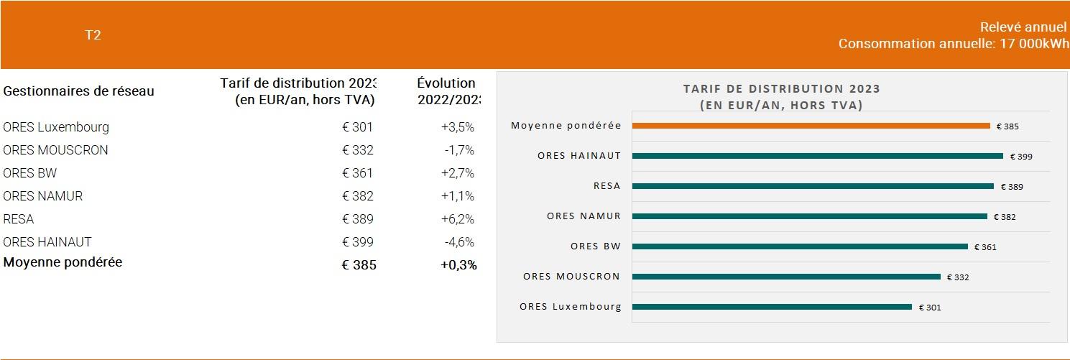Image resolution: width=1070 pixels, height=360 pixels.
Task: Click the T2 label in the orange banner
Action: click(x=93, y=35)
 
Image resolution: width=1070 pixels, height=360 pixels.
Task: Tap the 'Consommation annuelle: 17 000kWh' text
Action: click(x=954, y=43)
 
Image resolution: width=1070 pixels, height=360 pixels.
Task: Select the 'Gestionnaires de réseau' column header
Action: click(x=79, y=91)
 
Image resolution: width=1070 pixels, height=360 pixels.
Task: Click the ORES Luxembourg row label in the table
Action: click(x=56, y=127)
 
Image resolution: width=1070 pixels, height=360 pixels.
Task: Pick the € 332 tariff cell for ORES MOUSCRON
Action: click(x=357, y=150)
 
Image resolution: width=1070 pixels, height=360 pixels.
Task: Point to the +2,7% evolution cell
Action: click(x=458, y=173)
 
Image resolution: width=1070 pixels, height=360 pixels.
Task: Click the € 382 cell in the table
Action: click(x=357, y=195)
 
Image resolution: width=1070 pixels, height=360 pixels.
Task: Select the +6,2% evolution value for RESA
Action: click(x=458, y=218)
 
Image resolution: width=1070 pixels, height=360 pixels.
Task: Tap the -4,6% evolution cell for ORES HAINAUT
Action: click(x=459, y=241)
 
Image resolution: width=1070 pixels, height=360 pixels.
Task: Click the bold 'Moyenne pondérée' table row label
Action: click(x=63, y=262)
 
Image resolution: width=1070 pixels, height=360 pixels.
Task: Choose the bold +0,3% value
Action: click(x=458, y=265)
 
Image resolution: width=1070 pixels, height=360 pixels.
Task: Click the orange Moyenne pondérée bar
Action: click(x=811, y=126)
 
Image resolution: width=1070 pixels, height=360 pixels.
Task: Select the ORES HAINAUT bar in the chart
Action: click(x=817, y=156)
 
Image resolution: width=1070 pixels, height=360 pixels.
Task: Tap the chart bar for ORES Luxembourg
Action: click(x=772, y=307)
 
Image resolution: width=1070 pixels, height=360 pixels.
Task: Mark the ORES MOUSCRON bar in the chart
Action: click(x=786, y=277)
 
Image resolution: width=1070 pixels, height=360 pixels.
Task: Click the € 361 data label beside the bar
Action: click(x=985, y=247)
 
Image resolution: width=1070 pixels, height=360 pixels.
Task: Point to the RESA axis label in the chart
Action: click(x=607, y=185)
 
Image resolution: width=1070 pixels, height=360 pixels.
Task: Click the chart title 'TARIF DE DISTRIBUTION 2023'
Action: click(x=782, y=89)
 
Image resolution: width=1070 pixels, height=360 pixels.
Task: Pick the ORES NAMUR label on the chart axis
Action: click(x=584, y=216)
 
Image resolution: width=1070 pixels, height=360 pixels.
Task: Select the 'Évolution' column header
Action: click(x=446, y=83)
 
